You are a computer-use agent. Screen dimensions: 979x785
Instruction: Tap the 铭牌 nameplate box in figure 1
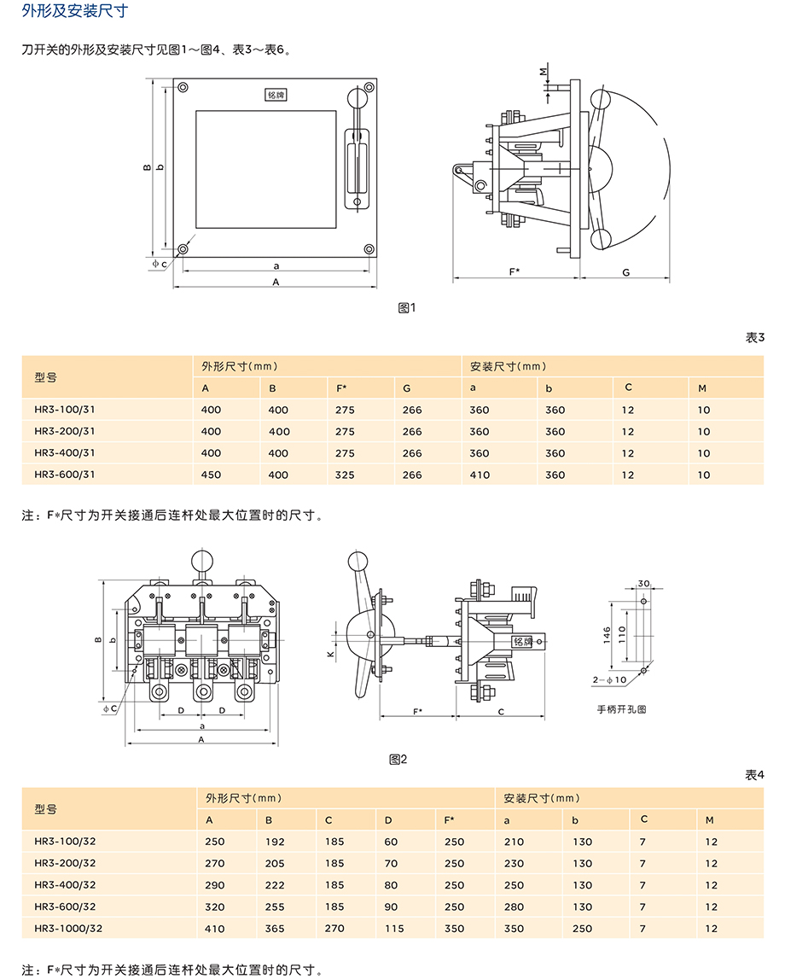pos(276,95)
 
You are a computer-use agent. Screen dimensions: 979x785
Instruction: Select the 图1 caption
pos(407,307)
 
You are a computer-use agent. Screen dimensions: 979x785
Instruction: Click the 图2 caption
pos(398,758)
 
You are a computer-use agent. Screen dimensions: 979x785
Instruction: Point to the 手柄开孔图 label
pos(621,708)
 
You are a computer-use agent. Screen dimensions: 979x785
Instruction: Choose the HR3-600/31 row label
pos(65,475)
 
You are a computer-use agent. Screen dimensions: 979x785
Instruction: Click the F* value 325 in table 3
pos(346,475)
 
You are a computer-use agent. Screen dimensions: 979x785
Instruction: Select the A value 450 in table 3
pos(211,475)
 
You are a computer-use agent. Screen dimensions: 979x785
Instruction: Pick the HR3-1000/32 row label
pos(68,928)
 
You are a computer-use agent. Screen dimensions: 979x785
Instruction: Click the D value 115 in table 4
pos(394,928)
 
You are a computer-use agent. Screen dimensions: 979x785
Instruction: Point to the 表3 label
pos(754,337)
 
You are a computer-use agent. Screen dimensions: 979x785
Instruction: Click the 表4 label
pos(754,775)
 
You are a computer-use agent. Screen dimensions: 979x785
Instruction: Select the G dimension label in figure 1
pos(625,272)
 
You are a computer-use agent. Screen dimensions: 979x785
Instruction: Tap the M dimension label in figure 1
pos(543,73)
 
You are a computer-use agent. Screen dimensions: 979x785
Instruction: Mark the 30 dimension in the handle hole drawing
pos(643,584)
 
